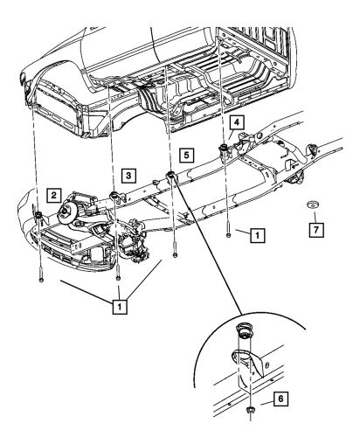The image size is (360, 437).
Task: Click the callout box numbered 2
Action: [x=54, y=195]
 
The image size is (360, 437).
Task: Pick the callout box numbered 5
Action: [x=184, y=156]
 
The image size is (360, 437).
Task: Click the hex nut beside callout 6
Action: [x=251, y=410]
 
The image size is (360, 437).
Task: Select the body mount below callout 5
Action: [x=170, y=180]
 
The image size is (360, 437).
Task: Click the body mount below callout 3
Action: [x=114, y=194]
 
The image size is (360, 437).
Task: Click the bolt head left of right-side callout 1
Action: [x=228, y=234]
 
